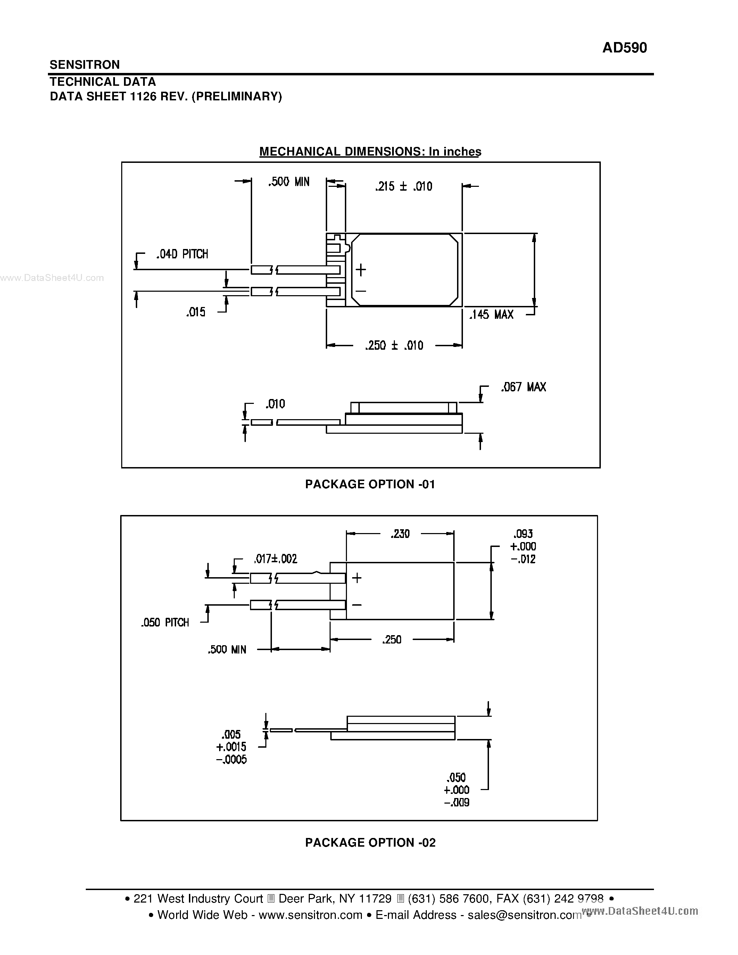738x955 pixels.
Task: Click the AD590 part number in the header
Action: tap(624, 48)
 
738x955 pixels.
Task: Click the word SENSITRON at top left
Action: tap(84, 65)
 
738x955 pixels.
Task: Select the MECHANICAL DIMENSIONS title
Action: tap(370, 151)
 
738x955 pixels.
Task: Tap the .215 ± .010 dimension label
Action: tap(404, 187)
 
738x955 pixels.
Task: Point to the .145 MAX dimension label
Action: tap(491, 314)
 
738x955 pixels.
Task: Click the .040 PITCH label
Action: tap(182, 254)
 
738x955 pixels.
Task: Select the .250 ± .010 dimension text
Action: tap(394, 346)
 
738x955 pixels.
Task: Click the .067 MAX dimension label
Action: tap(523, 387)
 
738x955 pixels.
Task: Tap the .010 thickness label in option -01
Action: tap(275, 404)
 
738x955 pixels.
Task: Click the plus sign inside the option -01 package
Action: tap(361, 270)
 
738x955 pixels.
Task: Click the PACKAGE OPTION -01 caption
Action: tap(370, 484)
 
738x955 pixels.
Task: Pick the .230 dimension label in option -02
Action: tap(400, 534)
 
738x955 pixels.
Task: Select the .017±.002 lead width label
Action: tap(275, 559)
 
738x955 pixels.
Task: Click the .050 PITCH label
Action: tap(165, 623)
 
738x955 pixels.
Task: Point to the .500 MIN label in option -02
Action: tap(227, 650)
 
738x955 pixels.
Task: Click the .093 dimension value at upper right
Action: tap(523, 534)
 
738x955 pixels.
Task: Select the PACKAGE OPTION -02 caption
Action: tap(370, 842)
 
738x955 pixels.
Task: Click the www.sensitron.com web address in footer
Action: tap(310, 915)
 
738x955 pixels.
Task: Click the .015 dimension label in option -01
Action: tap(196, 312)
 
